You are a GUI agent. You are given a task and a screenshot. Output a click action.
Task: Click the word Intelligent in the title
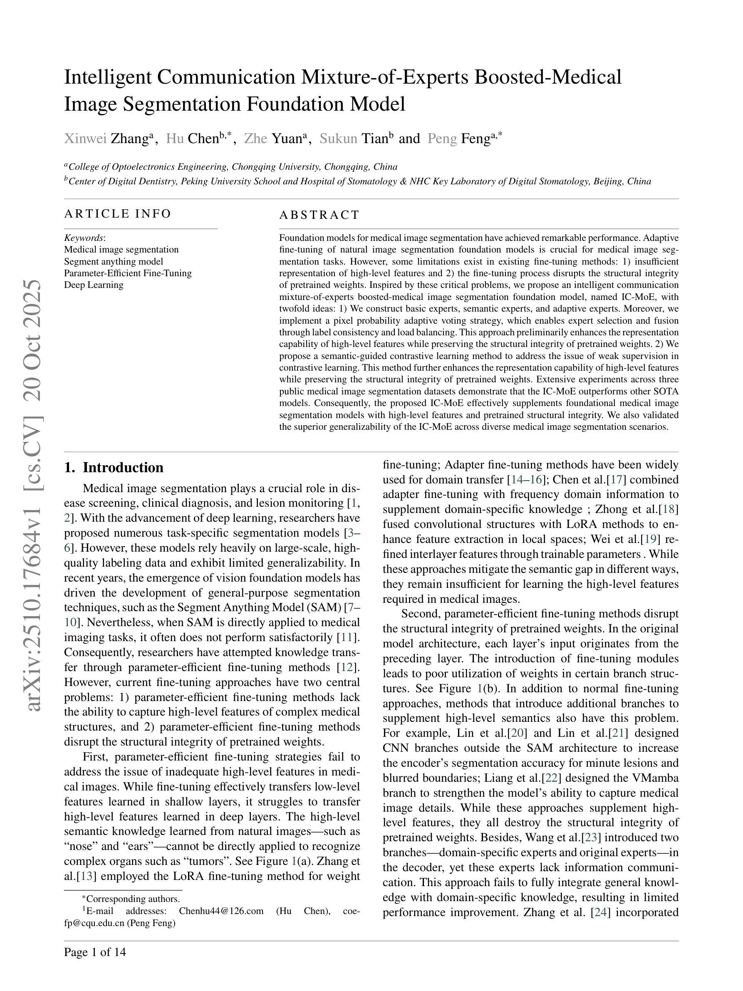point(107,77)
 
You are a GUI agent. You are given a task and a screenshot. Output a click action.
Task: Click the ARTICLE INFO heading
point(118,214)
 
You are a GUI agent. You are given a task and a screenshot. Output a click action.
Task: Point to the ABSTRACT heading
point(319,215)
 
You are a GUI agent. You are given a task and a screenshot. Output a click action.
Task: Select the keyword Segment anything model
point(113,261)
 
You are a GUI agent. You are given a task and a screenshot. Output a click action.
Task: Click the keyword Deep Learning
point(94,285)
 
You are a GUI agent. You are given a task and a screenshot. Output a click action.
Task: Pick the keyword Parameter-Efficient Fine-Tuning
point(128,273)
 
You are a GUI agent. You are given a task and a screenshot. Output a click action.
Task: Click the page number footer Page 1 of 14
point(95,952)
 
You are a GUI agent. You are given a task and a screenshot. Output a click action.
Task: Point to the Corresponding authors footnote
point(131,899)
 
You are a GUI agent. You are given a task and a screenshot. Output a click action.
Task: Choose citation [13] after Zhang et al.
point(86,876)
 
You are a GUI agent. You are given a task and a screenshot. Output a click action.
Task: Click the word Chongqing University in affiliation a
point(276,167)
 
